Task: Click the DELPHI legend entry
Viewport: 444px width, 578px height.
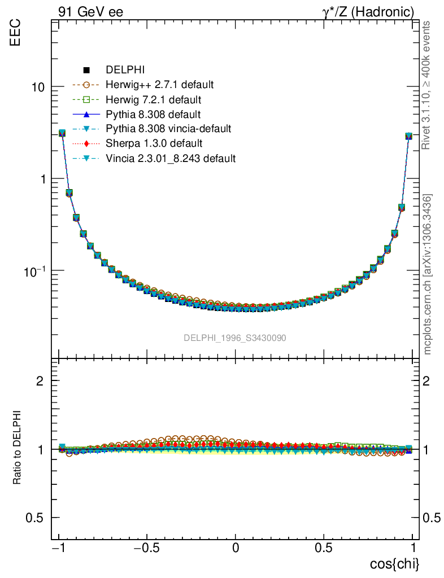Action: tap(125, 71)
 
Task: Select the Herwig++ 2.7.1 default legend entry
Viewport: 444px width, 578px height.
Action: tap(159, 85)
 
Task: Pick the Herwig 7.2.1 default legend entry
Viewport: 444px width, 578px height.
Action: tap(153, 100)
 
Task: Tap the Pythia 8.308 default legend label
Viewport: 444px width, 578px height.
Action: tap(153, 115)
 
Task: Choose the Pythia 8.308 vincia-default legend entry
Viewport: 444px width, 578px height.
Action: tap(168, 129)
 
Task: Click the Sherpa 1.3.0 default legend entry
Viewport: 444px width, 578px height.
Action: tap(154, 144)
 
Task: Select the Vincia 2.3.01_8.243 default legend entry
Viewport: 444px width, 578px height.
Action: tap(171, 159)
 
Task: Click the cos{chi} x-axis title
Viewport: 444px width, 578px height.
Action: tap(394, 564)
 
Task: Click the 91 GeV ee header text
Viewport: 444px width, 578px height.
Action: tap(90, 11)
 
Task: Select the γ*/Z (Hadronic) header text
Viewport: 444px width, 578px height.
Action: tap(369, 11)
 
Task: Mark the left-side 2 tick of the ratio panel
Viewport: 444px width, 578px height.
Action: tap(41, 381)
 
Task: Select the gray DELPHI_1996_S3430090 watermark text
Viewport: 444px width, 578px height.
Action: tap(234, 338)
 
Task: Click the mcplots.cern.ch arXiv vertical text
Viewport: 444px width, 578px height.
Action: tap(428, 274)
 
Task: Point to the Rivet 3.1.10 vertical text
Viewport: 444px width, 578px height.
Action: tap(428, 85)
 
